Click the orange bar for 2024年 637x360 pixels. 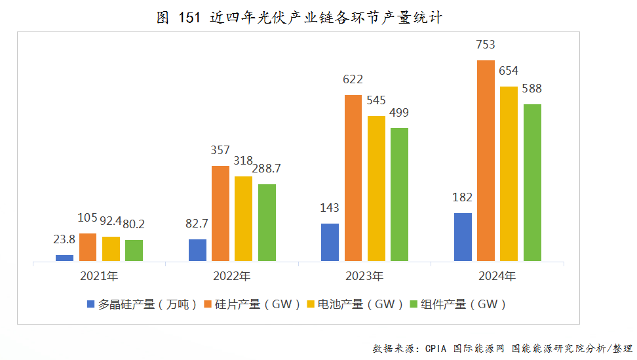tap(486, 161)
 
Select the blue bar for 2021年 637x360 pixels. tap(64, 258)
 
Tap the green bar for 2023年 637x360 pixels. tap(399, 194)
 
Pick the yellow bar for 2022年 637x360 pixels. tap(243, 218)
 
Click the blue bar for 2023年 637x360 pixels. tap(330, 242)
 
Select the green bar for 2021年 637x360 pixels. tap(134, 250)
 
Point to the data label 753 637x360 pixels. tap(486, 45)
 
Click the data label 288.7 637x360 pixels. tap(267, 169)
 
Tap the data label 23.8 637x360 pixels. tap(64, 240)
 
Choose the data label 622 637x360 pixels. tap(353, 80)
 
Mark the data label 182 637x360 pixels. tap(463, 197)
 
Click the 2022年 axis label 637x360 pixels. tap(231, 276)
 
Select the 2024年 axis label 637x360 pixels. tap(497, 276)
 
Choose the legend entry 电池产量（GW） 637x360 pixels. tap(360, 304)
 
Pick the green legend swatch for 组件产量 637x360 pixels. tap(414, 304)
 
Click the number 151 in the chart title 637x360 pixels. tap(189, 18)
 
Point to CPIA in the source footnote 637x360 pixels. tap(436, 348)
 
